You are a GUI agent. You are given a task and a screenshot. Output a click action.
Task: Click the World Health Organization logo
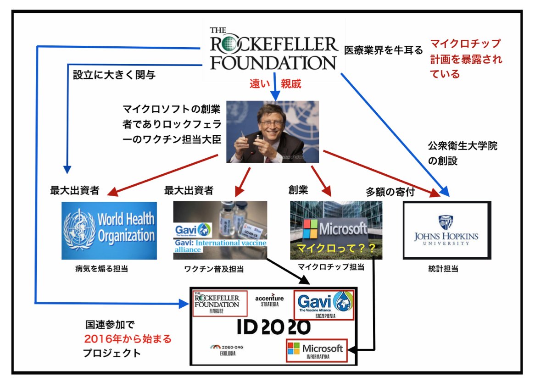[x=109, y=231]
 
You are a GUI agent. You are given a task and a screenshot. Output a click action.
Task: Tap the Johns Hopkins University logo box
[x=447, y=230]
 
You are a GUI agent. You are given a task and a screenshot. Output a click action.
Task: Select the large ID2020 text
[x=273, y=327]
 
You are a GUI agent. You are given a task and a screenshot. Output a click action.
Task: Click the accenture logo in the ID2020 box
[x=269, y=300]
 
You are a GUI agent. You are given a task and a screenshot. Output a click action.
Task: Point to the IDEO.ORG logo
[x=227, y=350]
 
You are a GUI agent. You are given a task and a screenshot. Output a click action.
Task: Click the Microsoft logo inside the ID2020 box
[x=317, y=351]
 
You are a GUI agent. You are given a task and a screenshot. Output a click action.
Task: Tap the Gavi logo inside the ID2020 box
[x=324, y=304]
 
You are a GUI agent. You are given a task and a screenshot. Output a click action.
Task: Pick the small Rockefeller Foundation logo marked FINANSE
[x=220, y=303]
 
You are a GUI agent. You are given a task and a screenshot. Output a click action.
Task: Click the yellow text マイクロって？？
[x=336, y=248]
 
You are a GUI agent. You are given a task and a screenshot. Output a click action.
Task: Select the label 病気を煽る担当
[x=102, y=269]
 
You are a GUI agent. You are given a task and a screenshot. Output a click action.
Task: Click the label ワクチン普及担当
[x=214, y=269]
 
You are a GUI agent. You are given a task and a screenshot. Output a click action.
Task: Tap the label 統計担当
[x=443, y=269]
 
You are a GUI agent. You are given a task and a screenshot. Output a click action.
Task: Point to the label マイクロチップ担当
[x=331, y=267]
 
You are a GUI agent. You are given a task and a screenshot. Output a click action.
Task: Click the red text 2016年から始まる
[x=128, y=339]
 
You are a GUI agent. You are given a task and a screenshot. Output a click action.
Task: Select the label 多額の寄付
[x=390, y=192]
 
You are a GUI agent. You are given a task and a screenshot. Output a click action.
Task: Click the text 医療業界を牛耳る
[x=384, y=50]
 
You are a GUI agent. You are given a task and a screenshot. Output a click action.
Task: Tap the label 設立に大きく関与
[x=114, y=75]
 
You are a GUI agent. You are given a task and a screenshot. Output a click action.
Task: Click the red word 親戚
[x=291, y=83]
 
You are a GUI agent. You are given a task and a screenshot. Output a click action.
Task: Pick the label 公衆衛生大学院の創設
[x=463, y=153]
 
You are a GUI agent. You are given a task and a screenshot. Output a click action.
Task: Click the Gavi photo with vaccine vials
[x=220, y=230]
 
